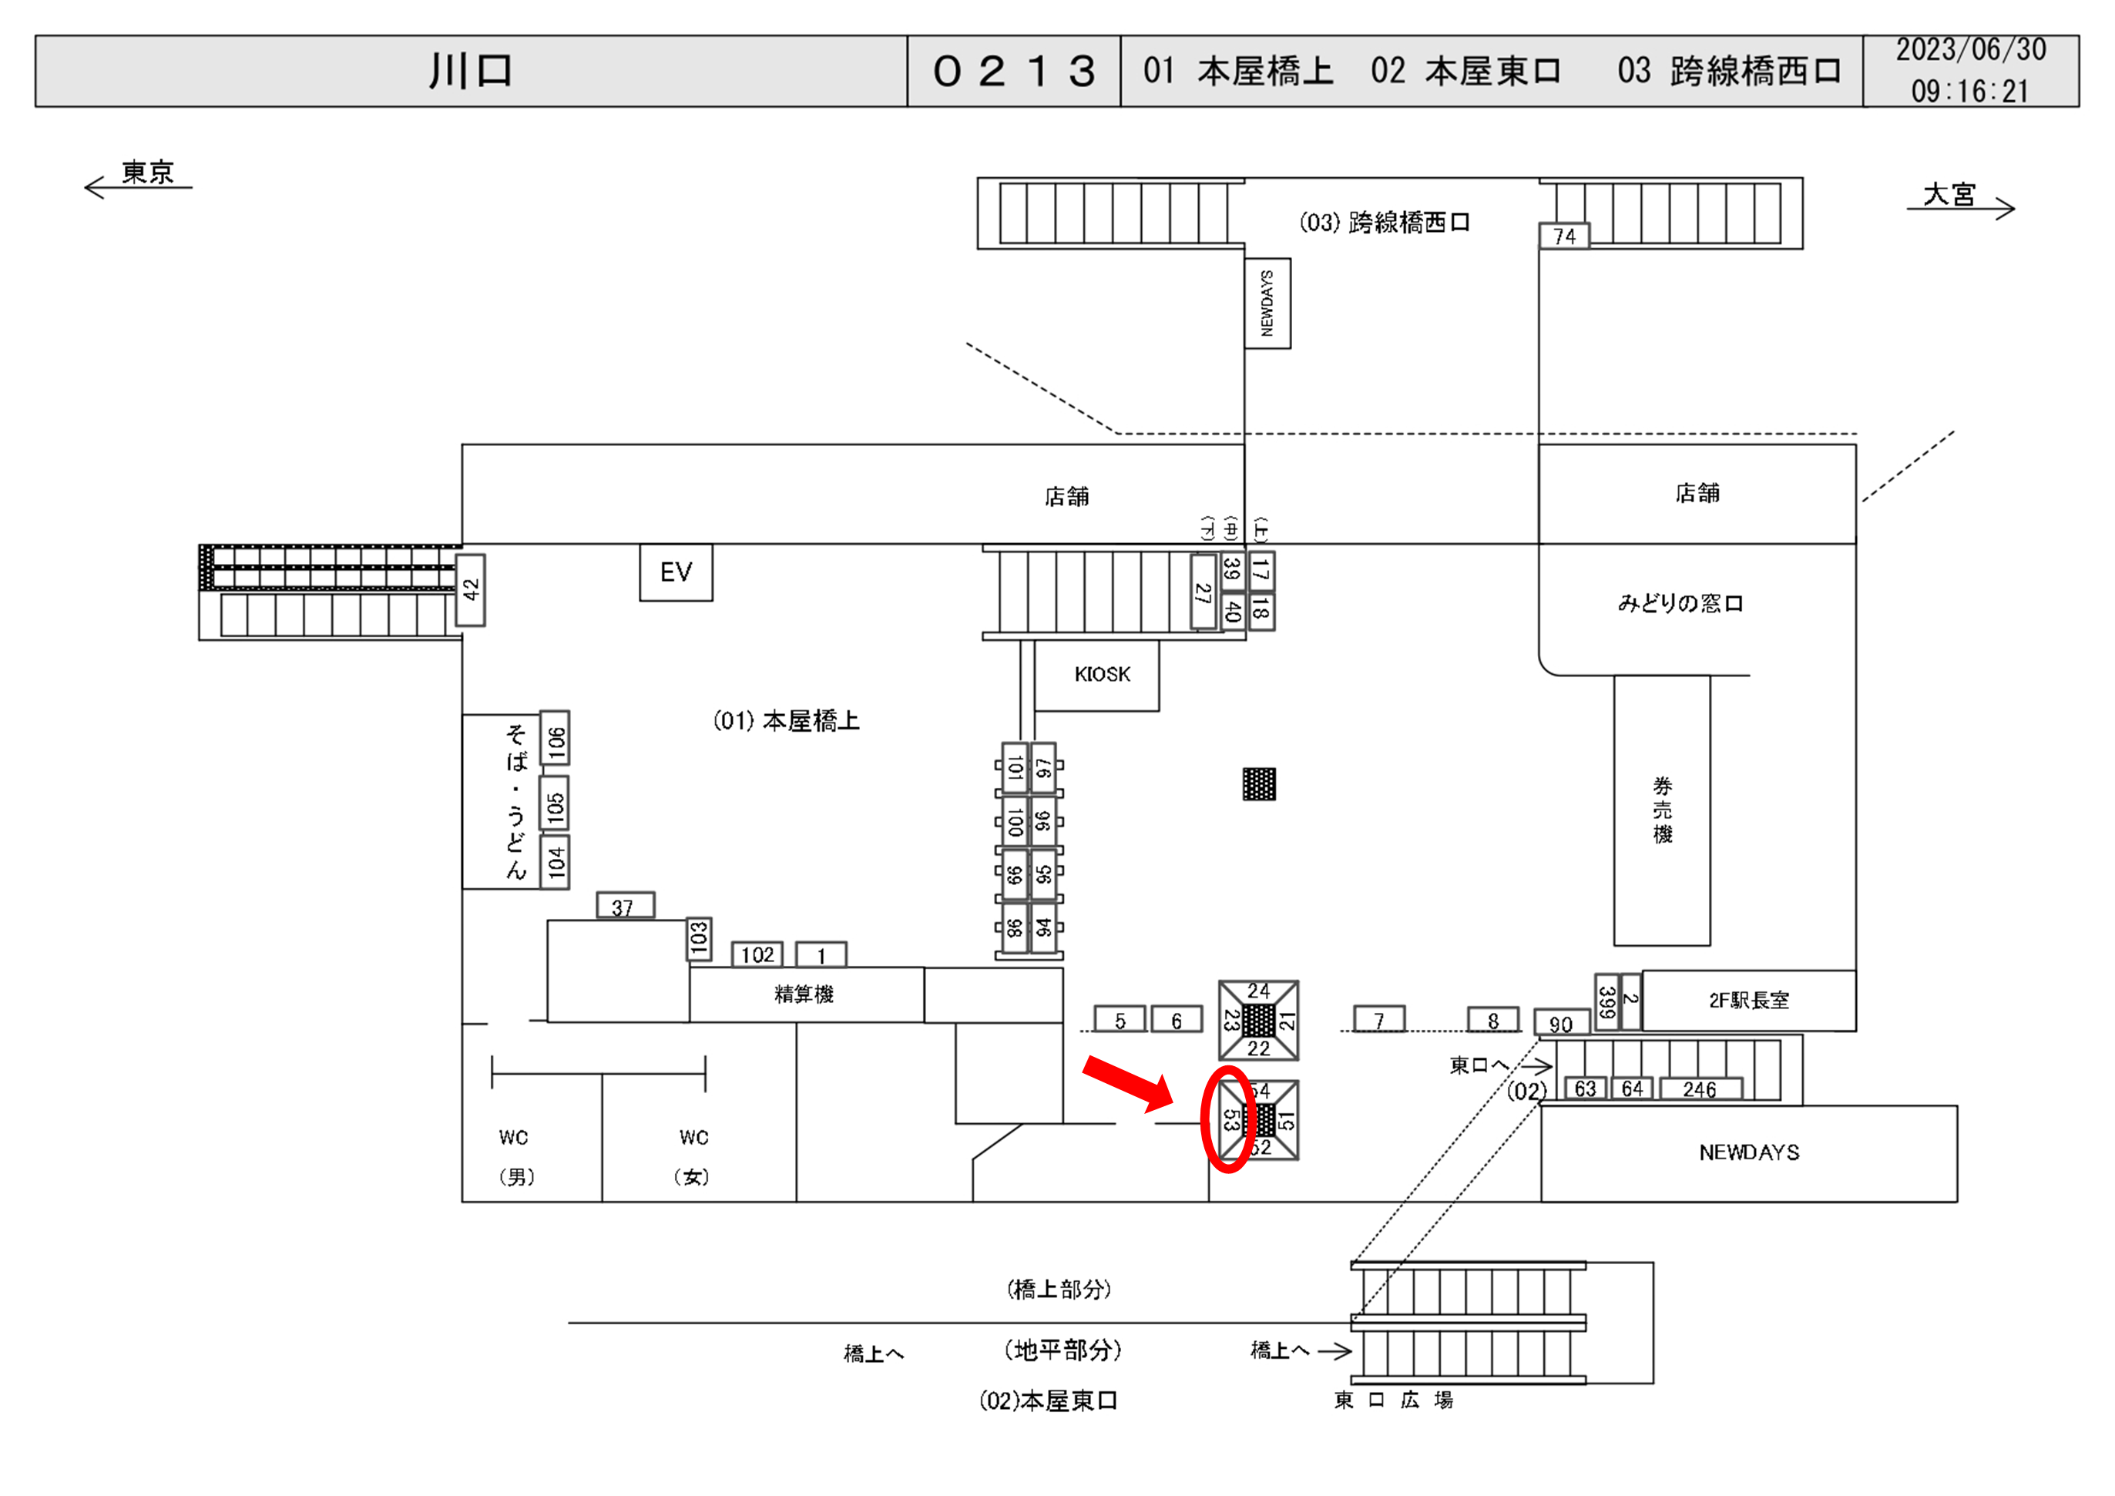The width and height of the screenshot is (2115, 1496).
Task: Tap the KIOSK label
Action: (x=1102, y=674)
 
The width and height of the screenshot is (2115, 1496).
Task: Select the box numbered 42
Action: (x=471, y=589)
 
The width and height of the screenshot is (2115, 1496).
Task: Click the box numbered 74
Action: (x=1564, y=236)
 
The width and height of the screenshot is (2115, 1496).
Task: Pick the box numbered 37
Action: (x=625, y=907)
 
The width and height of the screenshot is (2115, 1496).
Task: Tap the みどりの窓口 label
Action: (x=1680, y=603)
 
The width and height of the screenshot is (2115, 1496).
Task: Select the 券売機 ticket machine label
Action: (x=1662, y=810)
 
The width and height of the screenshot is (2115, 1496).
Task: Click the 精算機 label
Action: (x=804, y=994)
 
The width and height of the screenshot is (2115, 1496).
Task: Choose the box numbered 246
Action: (x=1700, y=1088)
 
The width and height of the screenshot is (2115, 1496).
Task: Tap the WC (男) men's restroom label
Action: (x=515, y=1156)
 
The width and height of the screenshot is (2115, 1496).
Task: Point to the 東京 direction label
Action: (x=147, y=173)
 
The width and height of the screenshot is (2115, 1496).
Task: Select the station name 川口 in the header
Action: (x=471, y=71)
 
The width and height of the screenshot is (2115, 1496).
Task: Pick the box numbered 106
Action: (x=556, y=738)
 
